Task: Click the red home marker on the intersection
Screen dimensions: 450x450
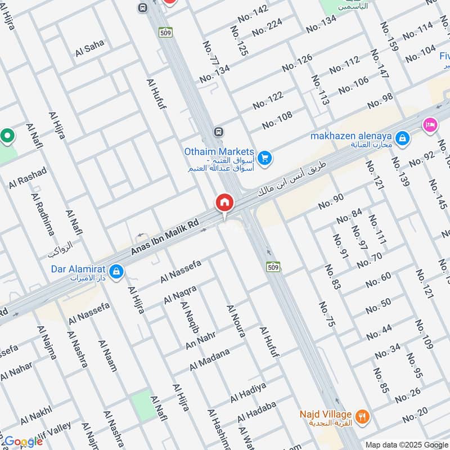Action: (x=224, y=202)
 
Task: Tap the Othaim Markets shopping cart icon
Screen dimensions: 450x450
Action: (x=265, y=159)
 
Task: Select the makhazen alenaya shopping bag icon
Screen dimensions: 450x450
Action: (x=402, y=137)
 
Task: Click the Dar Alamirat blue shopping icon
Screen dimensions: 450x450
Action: (x=116, y=272)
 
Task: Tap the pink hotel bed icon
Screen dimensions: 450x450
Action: (x=431, y=124)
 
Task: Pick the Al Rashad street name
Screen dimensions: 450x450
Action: (x=28, y=177)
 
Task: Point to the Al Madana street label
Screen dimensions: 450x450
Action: (x=210, y=359)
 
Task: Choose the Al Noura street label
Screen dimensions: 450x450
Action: (x=236, y=321)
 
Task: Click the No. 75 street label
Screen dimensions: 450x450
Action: (x=327, y=314)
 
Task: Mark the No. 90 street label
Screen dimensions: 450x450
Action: (x=331, y=201)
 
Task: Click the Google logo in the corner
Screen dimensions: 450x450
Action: (x=23, y=442)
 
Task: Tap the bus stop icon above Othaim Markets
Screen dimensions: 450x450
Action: (x=218, y=132)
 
